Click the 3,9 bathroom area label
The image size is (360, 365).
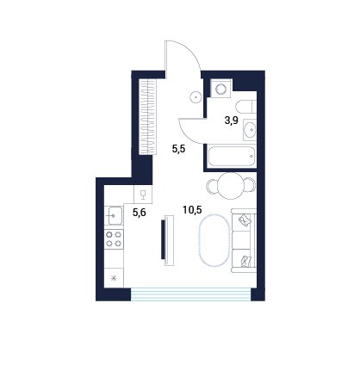tap(231, 121)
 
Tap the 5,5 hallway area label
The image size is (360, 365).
tap(179, 149)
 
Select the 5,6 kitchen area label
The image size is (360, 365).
tap(140, 213)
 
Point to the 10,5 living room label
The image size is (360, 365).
tap(192, 210)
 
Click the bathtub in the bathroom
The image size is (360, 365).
tap(231, 157)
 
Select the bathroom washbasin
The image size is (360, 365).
tap(250, 130)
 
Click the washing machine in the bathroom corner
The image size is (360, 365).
tap(220, 89)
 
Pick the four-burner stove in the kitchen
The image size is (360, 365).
tap(114, 239)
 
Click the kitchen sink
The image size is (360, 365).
tap(115, 215)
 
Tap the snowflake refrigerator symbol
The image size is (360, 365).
tap(114, 278)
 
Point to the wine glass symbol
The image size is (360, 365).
tap(143, 195)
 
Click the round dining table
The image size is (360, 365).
tap(231, 185)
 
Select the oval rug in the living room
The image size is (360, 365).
tap(214, 241)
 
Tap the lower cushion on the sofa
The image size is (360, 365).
tap(246, 261)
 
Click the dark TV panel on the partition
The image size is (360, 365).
tap(164, 240)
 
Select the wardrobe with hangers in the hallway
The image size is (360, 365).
tap(147, 117)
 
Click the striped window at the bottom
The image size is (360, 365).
tap(191, 294)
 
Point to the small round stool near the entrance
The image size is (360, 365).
tap(196, 97)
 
